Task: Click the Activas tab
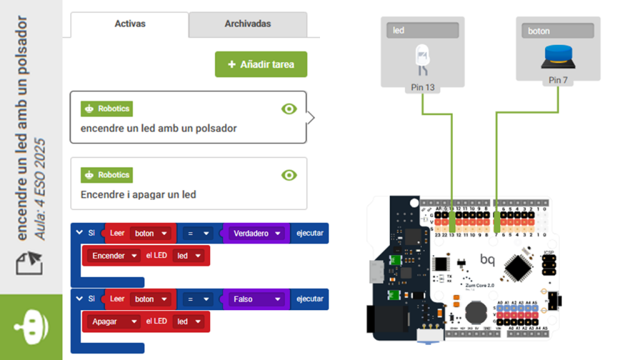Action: [130, 24]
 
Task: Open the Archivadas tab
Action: [247, 24]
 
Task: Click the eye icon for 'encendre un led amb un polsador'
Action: [289, 109]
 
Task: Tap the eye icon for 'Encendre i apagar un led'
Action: [289, 175]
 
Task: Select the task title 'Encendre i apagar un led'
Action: [138, 194]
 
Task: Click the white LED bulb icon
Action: [422, 58]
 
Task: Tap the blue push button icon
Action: [558, 56]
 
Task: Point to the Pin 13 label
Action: [423, 87]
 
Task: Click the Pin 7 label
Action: [558, 80]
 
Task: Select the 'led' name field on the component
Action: [422, 30]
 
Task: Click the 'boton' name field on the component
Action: [557, 31]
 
